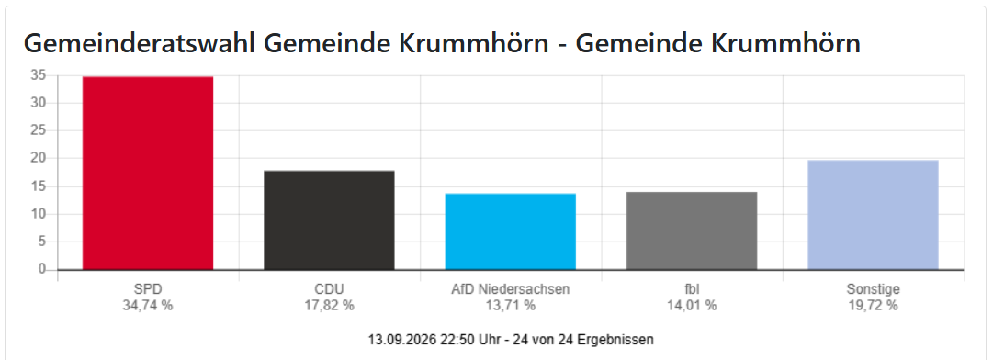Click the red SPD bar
tap(148, 174)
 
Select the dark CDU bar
tap(329, 220)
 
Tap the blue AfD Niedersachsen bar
tap(511, 231)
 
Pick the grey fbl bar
tap(692, 231)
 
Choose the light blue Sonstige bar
tap(874, 215)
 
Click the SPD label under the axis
tap(148, 290)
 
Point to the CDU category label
tap(329, 290)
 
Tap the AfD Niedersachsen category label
tap(511, 290)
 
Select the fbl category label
tap(692, 290)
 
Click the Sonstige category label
tap(874, 290)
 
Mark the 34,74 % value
tap(148, 306)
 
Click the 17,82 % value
tap(329, 306)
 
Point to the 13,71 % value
tap(511, 306)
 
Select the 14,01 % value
tap(692, 306)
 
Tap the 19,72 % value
tap(874, 306)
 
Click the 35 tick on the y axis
tap(39, 75)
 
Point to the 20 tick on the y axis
tap(39, 158)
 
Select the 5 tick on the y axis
tap(43, 242)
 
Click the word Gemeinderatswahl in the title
tap(140, 44)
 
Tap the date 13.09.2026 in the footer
tap(399, 340)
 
